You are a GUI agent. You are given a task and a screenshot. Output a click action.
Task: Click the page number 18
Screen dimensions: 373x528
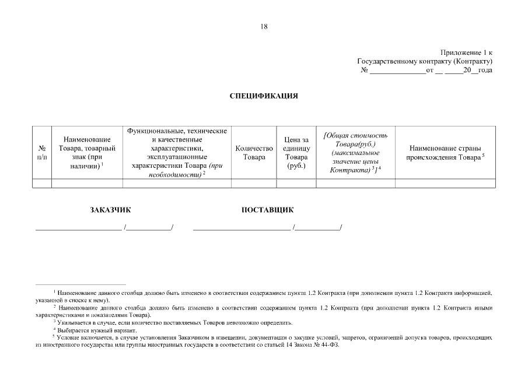tap(264, 26)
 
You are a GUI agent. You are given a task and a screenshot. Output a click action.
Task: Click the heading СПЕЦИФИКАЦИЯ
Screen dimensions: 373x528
tap(264, 96)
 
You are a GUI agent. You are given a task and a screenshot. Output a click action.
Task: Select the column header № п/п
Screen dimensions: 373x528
tap(42, 153)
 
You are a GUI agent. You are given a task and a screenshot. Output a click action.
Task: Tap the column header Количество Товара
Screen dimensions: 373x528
tap(254, 153)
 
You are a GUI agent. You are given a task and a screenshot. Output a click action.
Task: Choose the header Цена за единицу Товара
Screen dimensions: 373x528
tap(296, 153)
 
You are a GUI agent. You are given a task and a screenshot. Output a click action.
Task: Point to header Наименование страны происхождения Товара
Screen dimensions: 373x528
tap(446, 153)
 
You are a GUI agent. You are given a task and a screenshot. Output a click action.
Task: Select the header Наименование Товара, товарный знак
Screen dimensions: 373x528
tap(87, 153)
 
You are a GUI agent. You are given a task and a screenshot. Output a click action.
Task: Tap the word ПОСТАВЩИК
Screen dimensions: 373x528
tap(267, 210)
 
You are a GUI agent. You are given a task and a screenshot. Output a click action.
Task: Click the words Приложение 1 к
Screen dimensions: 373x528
tap(466, 52)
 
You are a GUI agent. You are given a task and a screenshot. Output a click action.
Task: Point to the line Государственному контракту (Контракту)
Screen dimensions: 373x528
tap(425, 61)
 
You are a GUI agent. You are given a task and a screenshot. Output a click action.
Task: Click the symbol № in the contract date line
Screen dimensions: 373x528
tap(365, 71)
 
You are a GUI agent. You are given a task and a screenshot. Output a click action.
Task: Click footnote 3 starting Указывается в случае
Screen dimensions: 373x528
tap(175, 322)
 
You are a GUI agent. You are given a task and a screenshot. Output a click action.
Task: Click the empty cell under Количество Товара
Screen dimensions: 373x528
tap(254, 184)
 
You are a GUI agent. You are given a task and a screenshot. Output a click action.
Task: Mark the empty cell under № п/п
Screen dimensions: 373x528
tap(42, 184)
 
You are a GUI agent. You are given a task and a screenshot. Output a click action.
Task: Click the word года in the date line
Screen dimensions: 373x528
tap(485, 71)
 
